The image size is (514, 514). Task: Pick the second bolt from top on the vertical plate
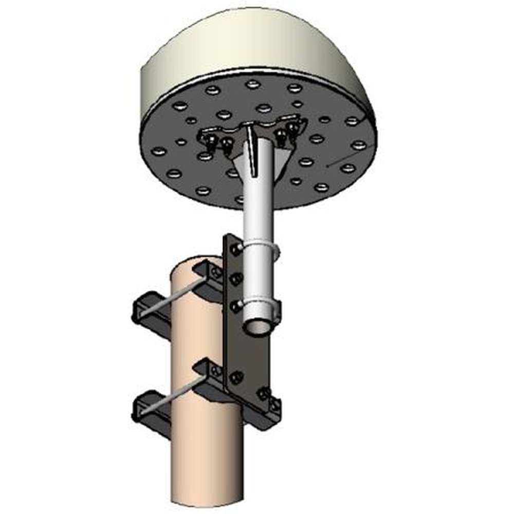click(237, 279)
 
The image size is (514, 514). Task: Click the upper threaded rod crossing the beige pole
click(170, 298)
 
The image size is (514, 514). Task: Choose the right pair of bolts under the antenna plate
click(286, 134)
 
